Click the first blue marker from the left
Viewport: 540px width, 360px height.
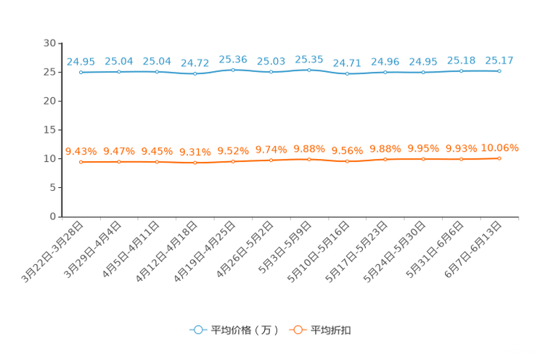tap(81, 72)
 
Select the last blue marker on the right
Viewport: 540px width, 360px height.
tap(499, 70)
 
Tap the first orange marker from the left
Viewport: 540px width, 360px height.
tap(81, 162)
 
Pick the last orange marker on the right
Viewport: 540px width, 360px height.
tap(499, 157)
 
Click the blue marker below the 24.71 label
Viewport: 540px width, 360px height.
tap(348, 73)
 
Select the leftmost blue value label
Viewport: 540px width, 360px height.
tap(81, 62)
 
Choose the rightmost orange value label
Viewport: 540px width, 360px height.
tap(500, 148)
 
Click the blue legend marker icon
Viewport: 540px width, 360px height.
tap(197, 330)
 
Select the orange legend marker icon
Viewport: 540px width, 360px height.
tap(298, 330)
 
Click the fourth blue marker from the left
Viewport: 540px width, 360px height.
tap(195, 73)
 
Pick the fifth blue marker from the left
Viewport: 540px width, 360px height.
tap(233, 70)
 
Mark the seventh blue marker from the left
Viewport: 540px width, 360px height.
tap(309, 70)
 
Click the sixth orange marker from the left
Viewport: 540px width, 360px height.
tap(271, 160)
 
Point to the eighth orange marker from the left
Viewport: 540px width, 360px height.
tap(348, 161)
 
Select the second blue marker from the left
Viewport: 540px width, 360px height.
tap(118, 71)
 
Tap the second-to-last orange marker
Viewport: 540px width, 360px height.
tap(461, 159)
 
